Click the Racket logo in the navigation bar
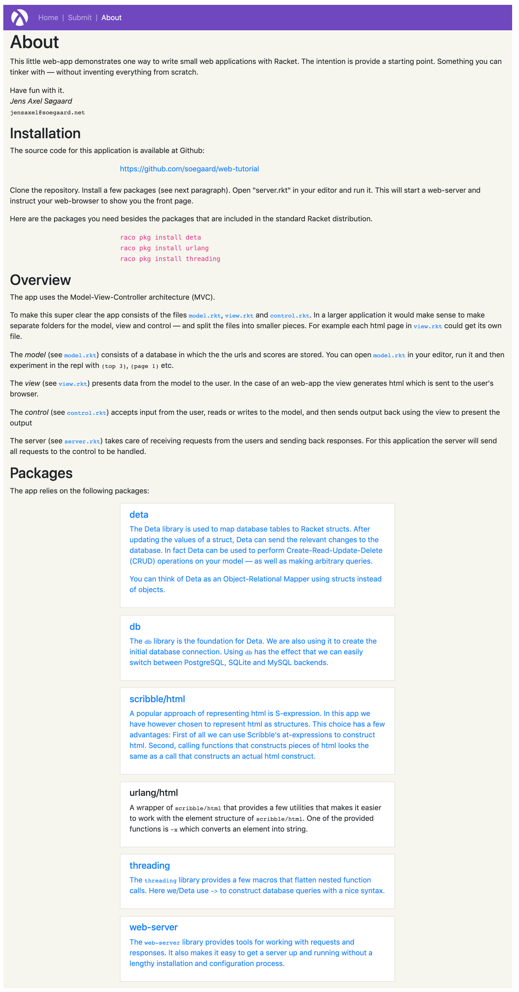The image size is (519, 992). [x=19, y=17]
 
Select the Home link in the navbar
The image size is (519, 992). [x=48, y=18]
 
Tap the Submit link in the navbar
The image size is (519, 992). [x=80, y=18]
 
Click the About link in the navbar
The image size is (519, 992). [x=111, y=18]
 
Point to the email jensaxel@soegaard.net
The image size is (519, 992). [x=47, y=113]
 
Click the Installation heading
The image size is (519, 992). [x=45, y=133]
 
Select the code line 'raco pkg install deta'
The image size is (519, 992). [x=160, y=237]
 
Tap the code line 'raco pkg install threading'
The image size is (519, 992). [x=170, y=259]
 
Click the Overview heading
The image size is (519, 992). [x=40, y=280]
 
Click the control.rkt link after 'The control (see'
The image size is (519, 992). [x=86, y=413]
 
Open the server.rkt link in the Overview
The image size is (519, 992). [x=82, y=441]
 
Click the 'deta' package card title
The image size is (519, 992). [x=139, y=515]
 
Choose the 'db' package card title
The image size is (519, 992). [x=135, y=627]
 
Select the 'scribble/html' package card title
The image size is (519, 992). [x=157, y=699]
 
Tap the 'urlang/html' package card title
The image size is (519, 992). [x=153, y=793]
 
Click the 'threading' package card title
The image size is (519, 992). [x=149, y=865]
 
